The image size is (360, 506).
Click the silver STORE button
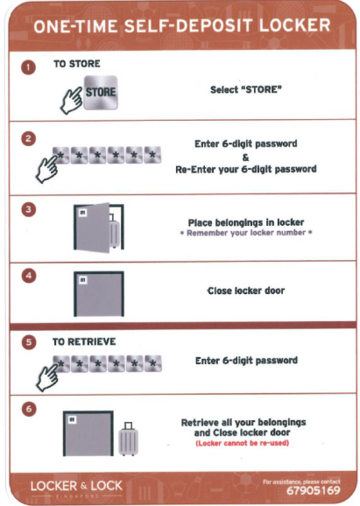pyautogui.click(x=101, y=93)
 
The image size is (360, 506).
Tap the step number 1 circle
pyautogui.click(x=28, y=67)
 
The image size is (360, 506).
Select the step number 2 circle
pyautogui.click(x=28, y=139)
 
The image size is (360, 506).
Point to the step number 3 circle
pyautogui.click(x=28, y=210)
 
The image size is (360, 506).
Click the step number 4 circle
pyautogui.click(x=28, y=277)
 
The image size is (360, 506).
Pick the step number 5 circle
pyautogui.click(x=28, y=342)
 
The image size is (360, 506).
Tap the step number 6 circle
pyautogui.click(x=28, y=409)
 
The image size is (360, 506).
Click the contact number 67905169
pyautogui.click(x=314, y=491)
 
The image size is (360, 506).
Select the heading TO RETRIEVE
pyautogui.click(x=84, y=341)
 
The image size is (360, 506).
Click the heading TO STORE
pyautogui.click(x=77, y=64)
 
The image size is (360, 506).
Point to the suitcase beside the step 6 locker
pyautogui.click(x=128, y=439)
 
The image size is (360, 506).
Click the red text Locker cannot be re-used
pyautogui.click(x=242, y=443)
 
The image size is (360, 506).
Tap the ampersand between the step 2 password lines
pyautogui.click(x=246, y=158)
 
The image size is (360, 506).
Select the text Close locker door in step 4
pyautogui.click(x=246, y=291)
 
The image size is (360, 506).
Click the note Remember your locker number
pyautogui.click(x=246, y=233)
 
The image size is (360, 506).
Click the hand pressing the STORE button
pyautogui.click(x=72, y=101)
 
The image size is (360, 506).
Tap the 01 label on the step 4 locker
pyautogui.click(x=83, y=280)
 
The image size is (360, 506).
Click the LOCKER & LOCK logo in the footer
pyautogui.click(x=76, y=487)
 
